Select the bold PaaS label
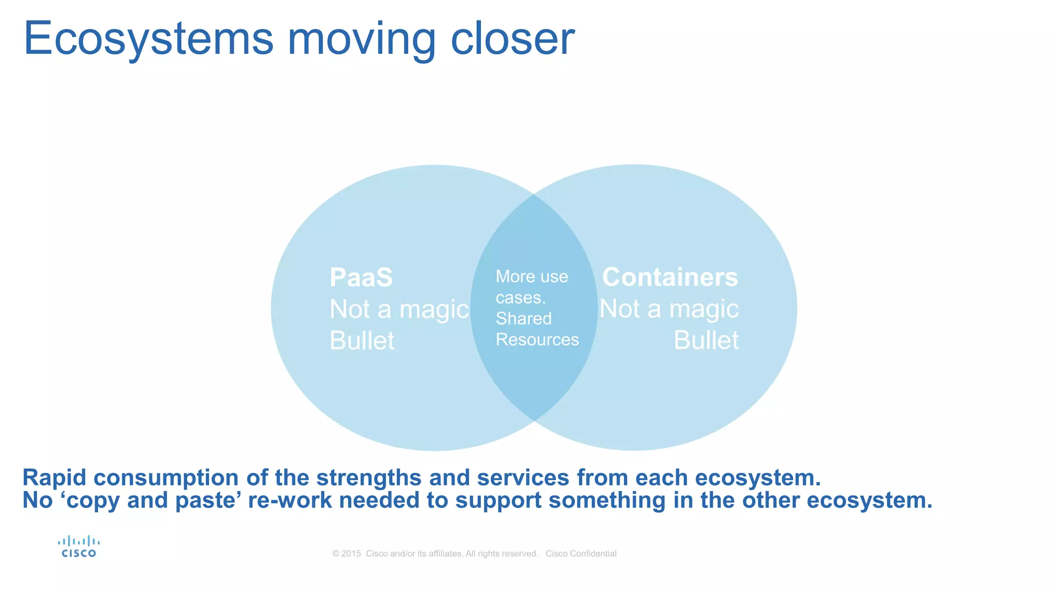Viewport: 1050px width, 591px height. coord(361,278)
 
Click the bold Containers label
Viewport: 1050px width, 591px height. coord(670,277)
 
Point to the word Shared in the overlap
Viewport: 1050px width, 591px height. coord(523,319)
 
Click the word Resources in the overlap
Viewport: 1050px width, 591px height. coord(537,340)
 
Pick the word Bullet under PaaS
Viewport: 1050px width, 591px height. coord(362,341)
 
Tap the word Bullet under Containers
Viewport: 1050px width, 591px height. coord(706,340)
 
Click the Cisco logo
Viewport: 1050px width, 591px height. coord(78,547)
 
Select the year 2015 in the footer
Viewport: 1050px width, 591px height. coord(351,554)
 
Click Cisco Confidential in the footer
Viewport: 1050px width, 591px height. coord(581,554)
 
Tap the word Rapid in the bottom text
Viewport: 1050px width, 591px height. coord(54,478)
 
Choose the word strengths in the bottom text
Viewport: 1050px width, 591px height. coord(369,478)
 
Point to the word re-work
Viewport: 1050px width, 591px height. coord(290,501)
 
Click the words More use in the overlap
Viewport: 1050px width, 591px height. coord(532,277)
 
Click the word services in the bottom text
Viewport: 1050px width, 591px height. coord(523,478)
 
